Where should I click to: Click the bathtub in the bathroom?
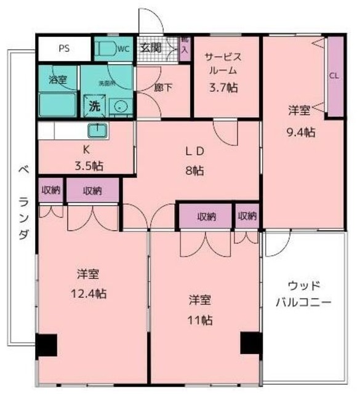click(57, 105)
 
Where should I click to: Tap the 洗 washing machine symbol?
click(94, 105)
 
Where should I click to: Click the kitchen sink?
click(97, 131)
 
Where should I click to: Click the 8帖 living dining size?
click(195, 171)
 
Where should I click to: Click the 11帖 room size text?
click(201, 320)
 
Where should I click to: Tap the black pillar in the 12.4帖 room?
click(47, 345)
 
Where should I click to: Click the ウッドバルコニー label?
click(303, 294)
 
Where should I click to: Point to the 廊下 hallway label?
click(163, 87)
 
